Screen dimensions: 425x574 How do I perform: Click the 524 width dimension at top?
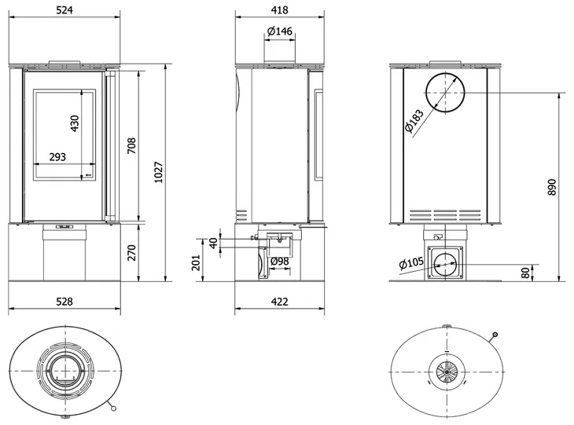pyautogui.click(x=64, y=10)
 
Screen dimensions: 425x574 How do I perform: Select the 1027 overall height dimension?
pyautogui.click(x=160, y=171)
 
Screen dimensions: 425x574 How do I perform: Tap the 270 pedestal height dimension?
pyautogui.click(x=132, y=252)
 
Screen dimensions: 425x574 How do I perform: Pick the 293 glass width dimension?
pyautogui.click(x=57, y=157)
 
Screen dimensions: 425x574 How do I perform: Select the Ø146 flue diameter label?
pyautogui.click(x=279, y=31)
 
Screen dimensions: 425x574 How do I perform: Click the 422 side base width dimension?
pyautogui.click(x=279, y=302)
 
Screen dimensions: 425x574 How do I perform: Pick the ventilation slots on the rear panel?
pyautogui.click(x=444, y=212)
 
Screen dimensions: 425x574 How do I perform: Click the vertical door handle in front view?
pyautogui.click(x=110, y=146)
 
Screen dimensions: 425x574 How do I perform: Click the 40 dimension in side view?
pyautogui.click(x=212, y=243)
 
